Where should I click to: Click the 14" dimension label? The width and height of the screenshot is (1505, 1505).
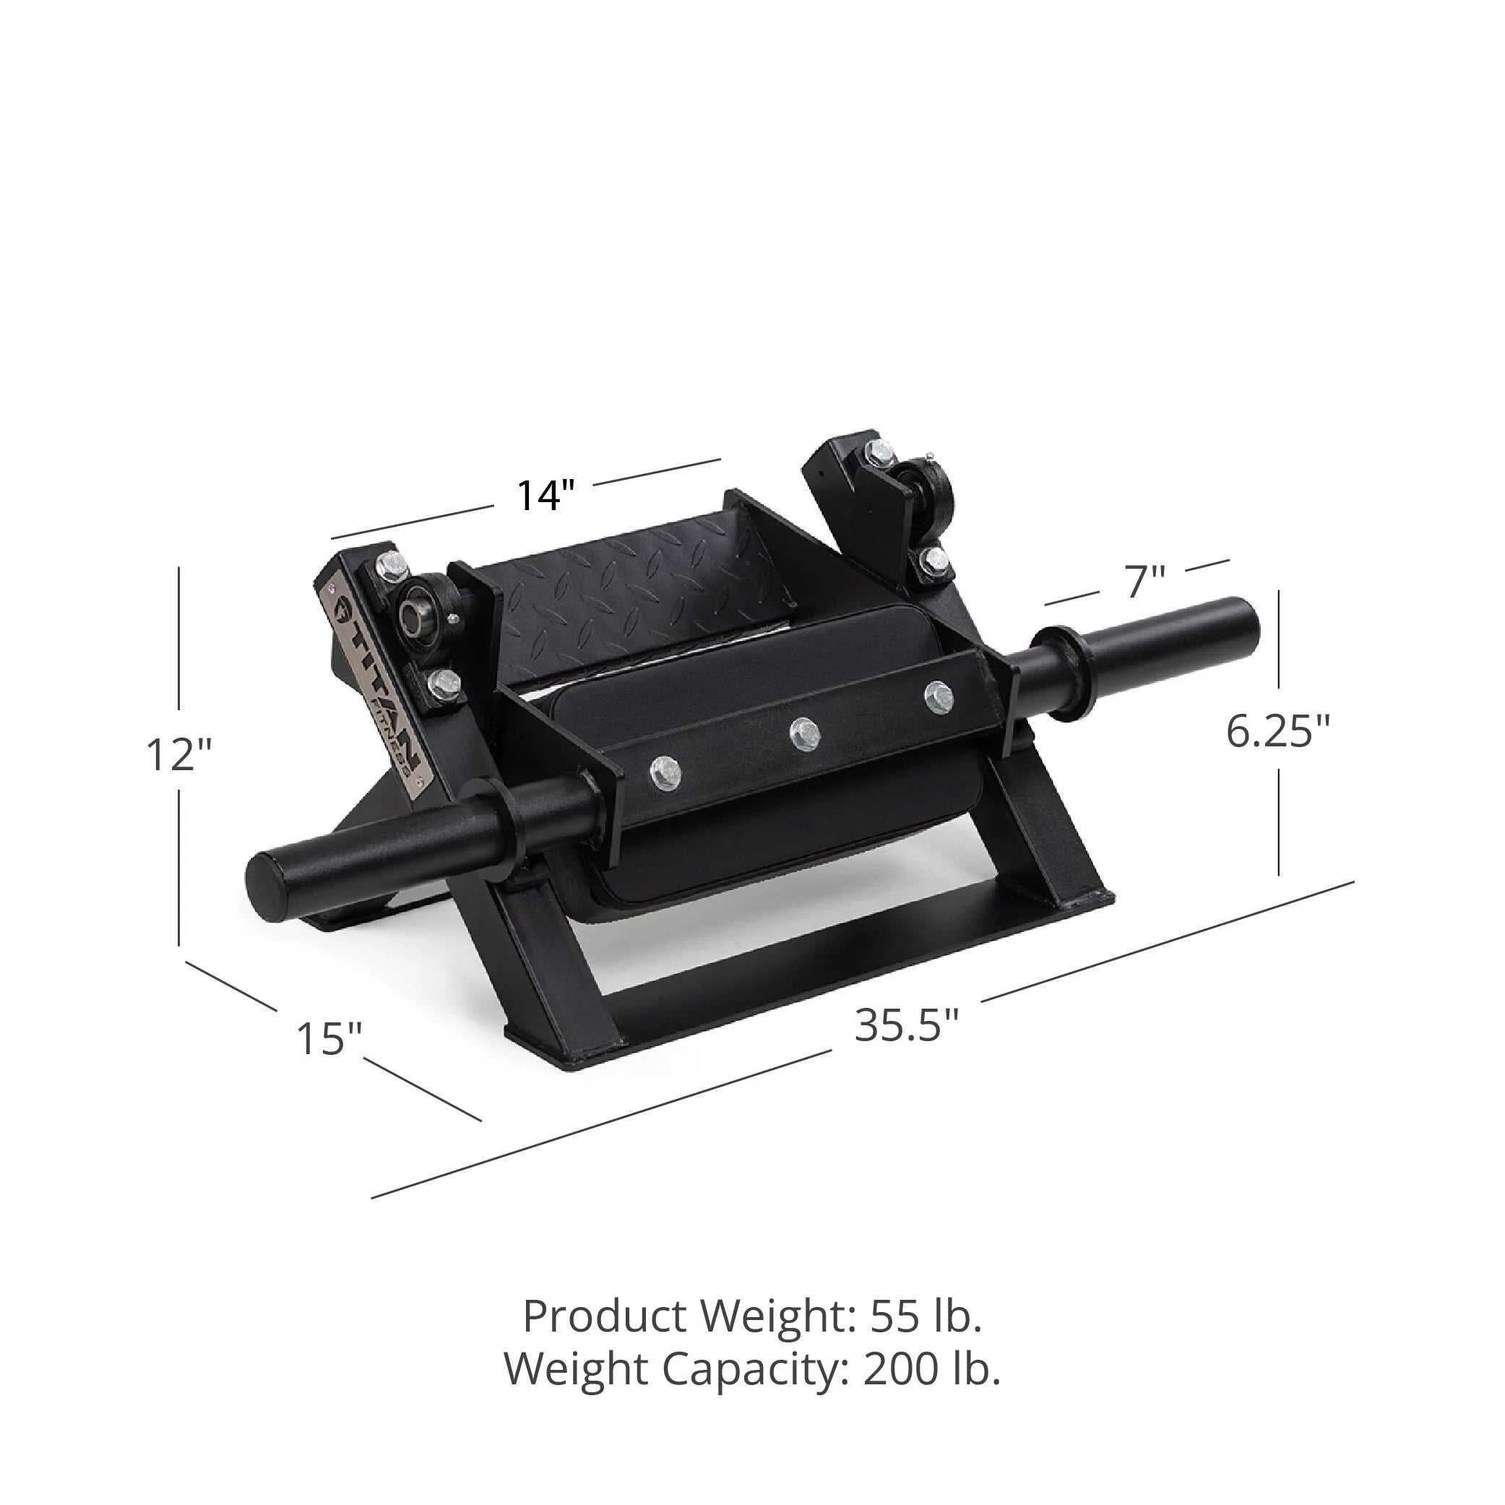point(545,496)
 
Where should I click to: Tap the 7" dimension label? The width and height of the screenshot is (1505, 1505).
point(1144,582)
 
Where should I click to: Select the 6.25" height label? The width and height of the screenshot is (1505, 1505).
point(1278,731)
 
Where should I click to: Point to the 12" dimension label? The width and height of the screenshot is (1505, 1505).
point(179,755)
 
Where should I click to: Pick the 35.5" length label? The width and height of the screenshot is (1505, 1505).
point(907,1026)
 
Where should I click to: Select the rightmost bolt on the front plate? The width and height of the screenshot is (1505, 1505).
point(938,695)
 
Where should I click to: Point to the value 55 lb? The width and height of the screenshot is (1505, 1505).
point(926,1316)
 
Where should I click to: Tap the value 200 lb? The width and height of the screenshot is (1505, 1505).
point(931,1369)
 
